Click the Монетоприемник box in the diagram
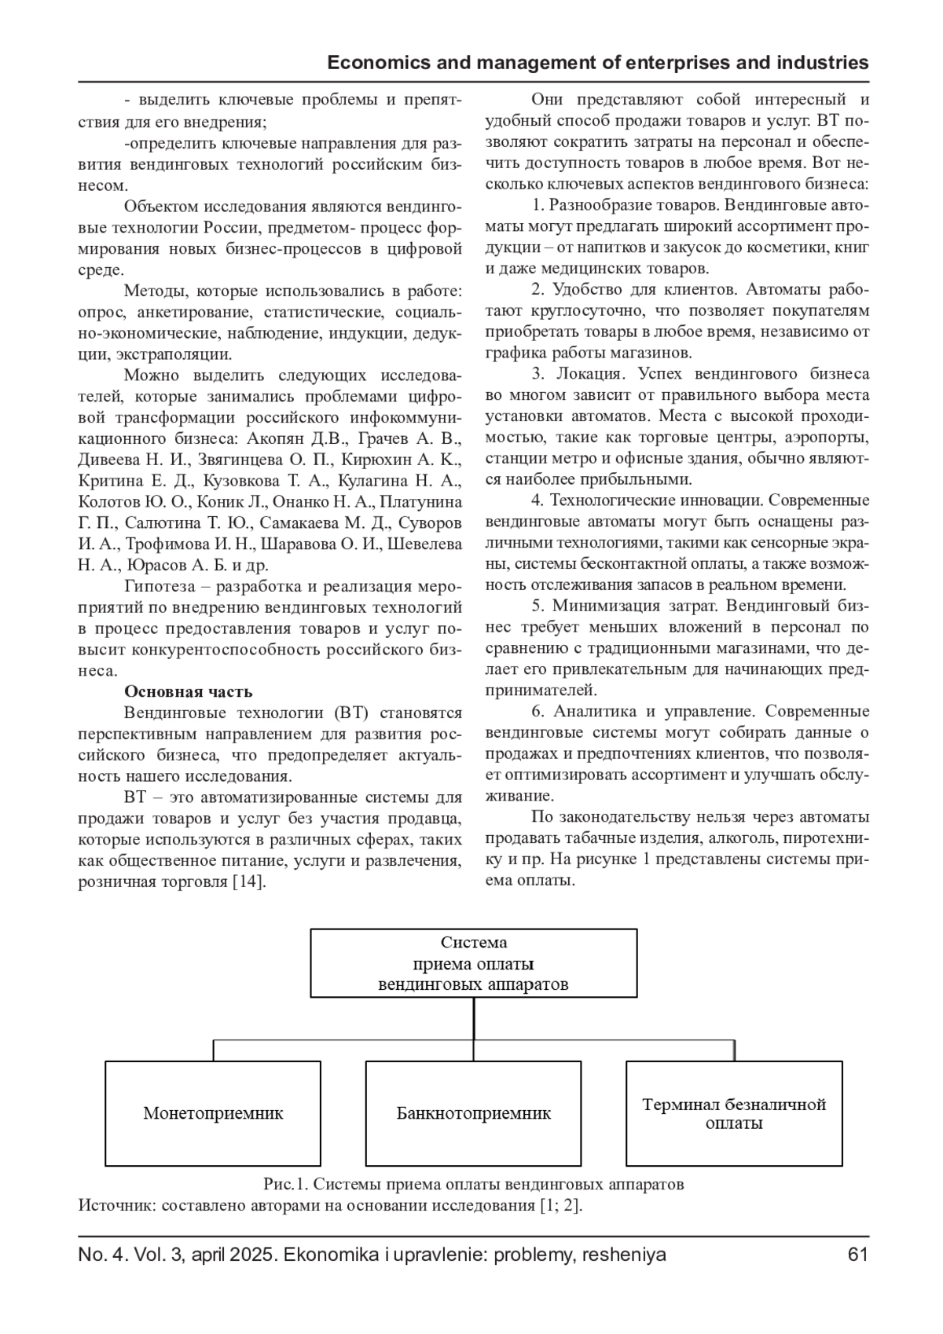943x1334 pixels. [x=213, y=1113]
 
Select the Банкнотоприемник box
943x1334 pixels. [x=473, y=1113]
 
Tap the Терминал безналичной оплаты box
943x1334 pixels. [x=734, y=1113]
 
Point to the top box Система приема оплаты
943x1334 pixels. [x=473, y=963]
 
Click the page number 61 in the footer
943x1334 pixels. [x=858, y=1255]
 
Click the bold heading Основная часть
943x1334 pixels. [x=189, y=691]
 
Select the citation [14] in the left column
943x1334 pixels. [x=249, y=881]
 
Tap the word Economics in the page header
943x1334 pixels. [x=372, y=63]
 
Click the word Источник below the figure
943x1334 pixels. [x=116, y=1205]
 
